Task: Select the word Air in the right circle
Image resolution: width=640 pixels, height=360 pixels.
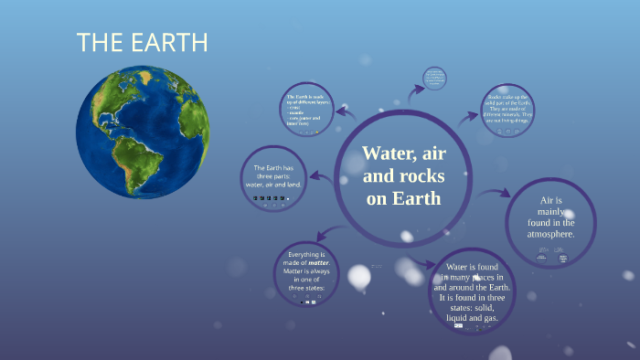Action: [x=549, y=198]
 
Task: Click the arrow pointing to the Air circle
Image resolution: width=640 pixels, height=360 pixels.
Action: [x=499, y=194]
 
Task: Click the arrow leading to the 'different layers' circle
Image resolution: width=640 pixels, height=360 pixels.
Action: [x=345, y=111]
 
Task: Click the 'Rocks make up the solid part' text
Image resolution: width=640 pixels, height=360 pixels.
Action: [x=508, y=106]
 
